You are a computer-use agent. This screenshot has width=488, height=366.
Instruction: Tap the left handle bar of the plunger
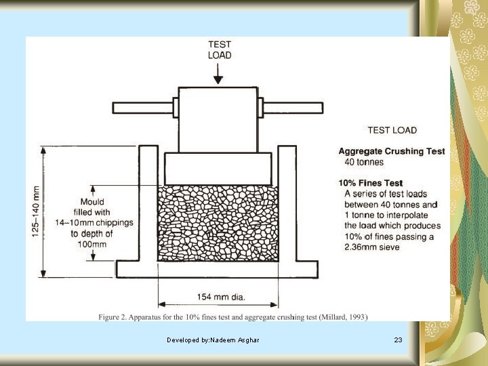point(142,107)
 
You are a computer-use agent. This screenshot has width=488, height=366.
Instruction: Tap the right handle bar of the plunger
point(293,107)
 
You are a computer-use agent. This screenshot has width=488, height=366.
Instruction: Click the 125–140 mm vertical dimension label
point(35,211)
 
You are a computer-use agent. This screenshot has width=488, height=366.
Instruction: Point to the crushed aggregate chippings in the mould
point(218,224)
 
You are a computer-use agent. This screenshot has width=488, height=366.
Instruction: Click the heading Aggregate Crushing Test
point(392,151)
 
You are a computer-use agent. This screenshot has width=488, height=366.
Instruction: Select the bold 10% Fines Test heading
point(370,183)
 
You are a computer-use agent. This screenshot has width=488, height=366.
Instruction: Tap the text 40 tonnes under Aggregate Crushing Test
point(364,162)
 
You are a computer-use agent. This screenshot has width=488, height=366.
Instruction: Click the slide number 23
point(398,339)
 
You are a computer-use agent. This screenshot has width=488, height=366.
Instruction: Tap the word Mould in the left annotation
point(93,201)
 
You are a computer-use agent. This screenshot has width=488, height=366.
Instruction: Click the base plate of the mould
point(218,269)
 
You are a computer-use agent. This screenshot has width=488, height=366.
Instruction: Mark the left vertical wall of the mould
point(148,203)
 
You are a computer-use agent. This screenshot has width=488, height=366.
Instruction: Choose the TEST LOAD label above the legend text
point(392,130)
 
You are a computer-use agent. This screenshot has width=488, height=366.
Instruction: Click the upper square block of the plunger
point(218,119)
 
